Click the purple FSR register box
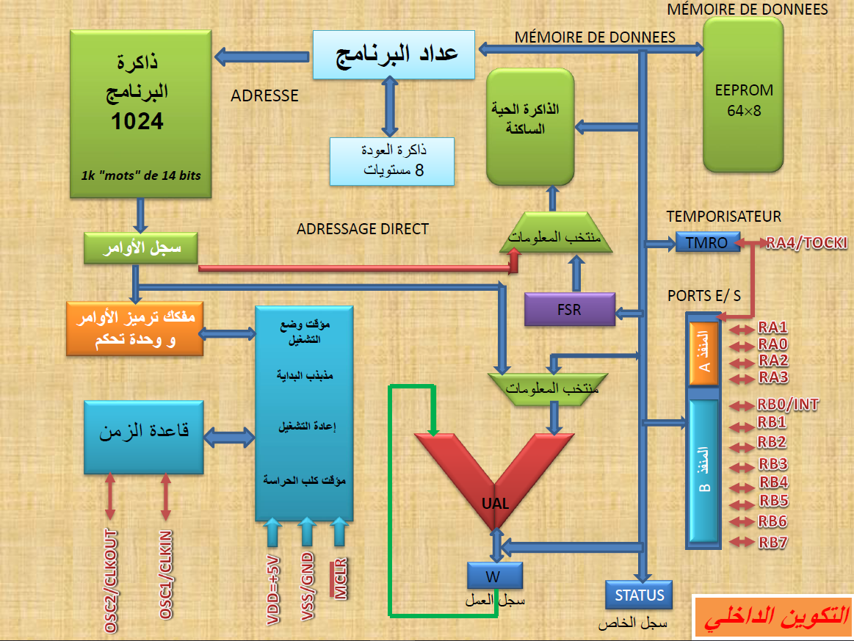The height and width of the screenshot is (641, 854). pyautogui.click(x=570, y=309)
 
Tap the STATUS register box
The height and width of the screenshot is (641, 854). pyautogui.click(x=639, y=595)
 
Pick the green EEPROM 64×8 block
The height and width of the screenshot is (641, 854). pyautogui.click(x=743, y=95)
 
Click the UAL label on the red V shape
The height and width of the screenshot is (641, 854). pyautogui.click(x=496, y=503)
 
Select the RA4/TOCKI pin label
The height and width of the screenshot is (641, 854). pyautogui.click(x=806, y=242)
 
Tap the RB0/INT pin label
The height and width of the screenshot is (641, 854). pyautogui.click(x=787, y=405)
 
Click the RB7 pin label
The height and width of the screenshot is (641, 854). pyautogui.click(x=773, y=543)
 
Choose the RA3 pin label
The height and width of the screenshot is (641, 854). pyautogui.click(x=773, y=377)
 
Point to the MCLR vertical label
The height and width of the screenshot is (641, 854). pyautogui.click(x=340, y=579)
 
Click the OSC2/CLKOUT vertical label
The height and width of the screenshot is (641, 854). pyautogui.click(x=111, y=580)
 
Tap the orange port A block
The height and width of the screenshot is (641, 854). pyautogui.click(x=703, y=352)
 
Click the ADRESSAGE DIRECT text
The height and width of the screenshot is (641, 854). pyautogui.click(x=362, y=229)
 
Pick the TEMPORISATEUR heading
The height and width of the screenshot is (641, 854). pyautogui.click(x=723, y=216)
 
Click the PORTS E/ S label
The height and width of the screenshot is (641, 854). pyautogui.click(x=703, y=295)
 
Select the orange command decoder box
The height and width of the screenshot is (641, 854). pyautogui.click(x=134, y=328)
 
